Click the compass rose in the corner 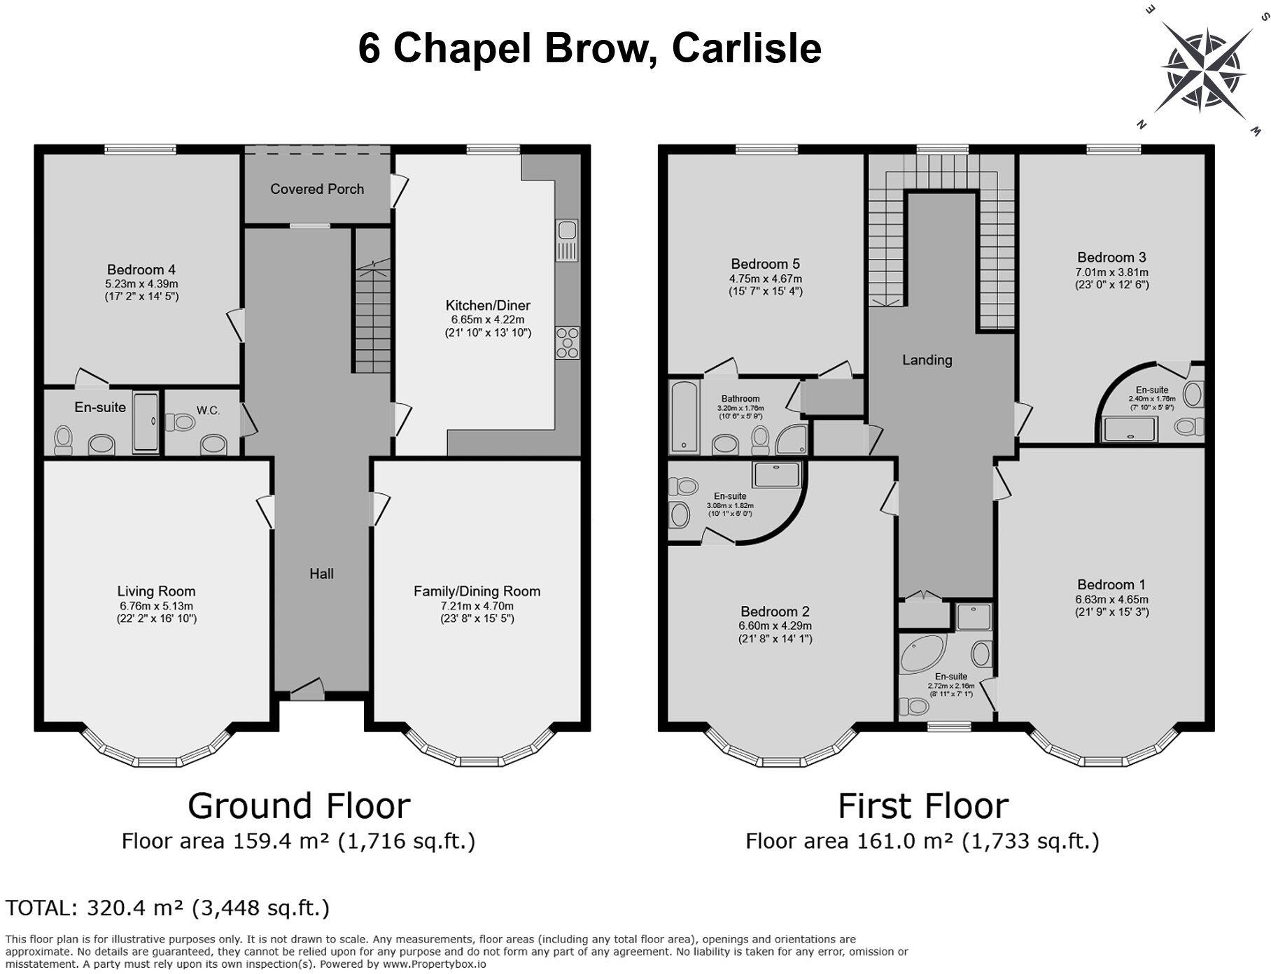(x=1205, y=70)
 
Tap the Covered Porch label (x=317, y=189)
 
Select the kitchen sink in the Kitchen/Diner (x=567, y=240)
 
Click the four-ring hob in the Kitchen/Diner (x=567, y=343)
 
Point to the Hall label (x=321, y=574)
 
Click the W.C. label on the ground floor (x=208, y=411)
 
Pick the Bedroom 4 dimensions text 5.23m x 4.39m (x=142, y=284)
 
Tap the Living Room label (x=156, y=591)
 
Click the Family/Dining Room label (x=477, y=591)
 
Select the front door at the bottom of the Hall (x=307, y=691)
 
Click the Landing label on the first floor (x=927, y=360)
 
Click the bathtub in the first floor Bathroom (x=683, y=417)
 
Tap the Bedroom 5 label (x=765, y=264)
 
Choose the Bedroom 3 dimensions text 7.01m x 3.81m (x=1111, y=272)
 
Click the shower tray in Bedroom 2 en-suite (x=777, y=474)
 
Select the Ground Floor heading (x=299, y=805)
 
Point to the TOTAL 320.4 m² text (x=167, y=908)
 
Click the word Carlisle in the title (x=746, y=48)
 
